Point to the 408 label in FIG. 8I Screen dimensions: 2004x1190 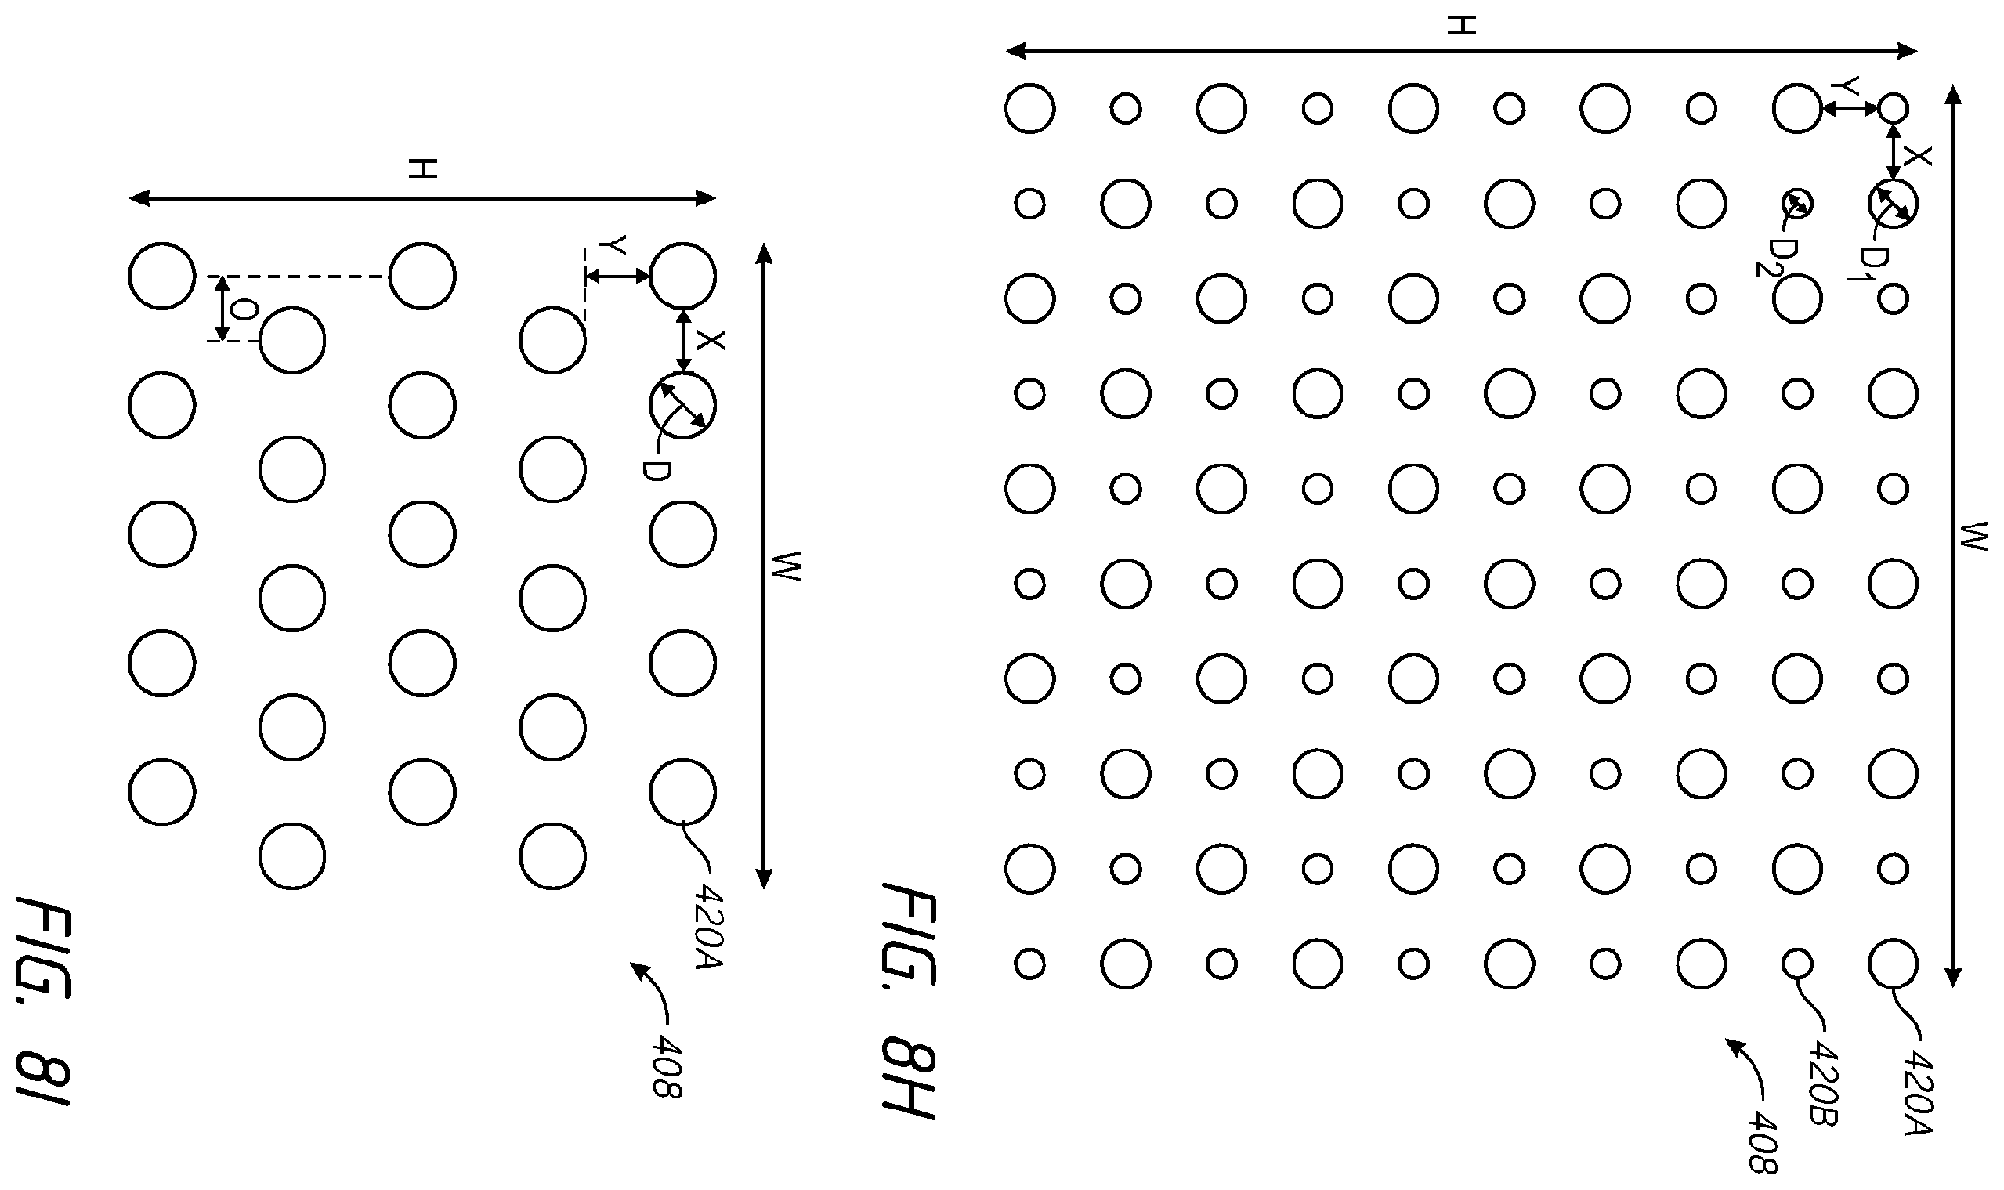click(666, 1065)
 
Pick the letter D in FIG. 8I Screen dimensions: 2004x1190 click(655, 470)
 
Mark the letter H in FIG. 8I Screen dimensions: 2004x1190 click(422, 169)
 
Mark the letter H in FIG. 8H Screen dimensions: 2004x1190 click(1461, 25)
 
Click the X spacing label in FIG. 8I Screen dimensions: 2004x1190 click(710, 340)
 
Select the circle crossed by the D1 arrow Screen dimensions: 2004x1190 click(1893, 204)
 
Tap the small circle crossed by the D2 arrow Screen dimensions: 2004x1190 click(1797, 204)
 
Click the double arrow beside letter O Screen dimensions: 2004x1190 click(223, 309)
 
